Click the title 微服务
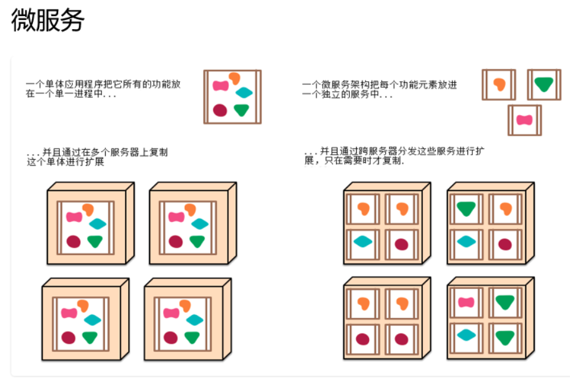tap(48, 21)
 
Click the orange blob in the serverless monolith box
tap(234, 78)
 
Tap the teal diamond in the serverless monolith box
tap(245, 93)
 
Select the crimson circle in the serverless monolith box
tap(220, 110)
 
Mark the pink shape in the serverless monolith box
tap(221, 85)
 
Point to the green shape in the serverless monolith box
tap(242, 110)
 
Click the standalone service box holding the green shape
tap(543, 84)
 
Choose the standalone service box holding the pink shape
tap(524, 119)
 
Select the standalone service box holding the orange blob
tap(499, 84)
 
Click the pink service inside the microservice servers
tap(466, 303)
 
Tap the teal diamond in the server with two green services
tap(466, 335)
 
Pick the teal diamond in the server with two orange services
tap(363, 241)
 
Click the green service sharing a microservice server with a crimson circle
tap(466, 208)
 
